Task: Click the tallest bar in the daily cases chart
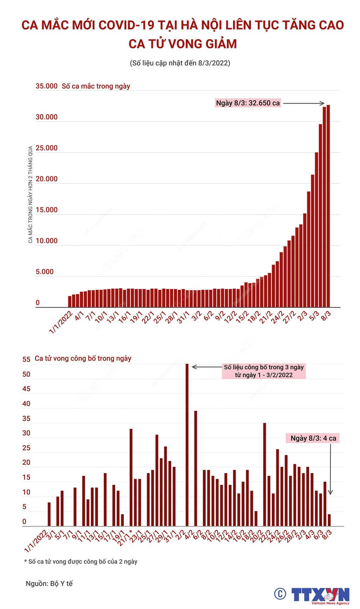click(328, 207)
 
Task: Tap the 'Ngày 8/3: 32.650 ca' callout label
click(248, 103)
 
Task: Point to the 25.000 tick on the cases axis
click(46, 148)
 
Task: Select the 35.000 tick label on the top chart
click(46, 86)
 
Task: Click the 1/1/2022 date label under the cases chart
click(61, 322)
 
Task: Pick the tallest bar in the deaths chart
click(187, 444)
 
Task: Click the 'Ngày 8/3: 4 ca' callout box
click(313, 438)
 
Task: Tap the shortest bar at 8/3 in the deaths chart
click(329, 520)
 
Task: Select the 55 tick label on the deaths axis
click(26, 359)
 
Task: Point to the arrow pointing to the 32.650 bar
click(304, 103)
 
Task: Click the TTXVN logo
click(320, 595)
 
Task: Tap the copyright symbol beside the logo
click(280, 594)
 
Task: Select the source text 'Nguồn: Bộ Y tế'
click(49, 583)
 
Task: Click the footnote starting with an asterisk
click(81, 562)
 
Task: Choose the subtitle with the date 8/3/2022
click(180, 63)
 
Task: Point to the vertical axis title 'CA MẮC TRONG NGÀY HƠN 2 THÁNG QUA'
click(30, 194)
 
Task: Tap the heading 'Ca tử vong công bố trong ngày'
click(83, 358)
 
